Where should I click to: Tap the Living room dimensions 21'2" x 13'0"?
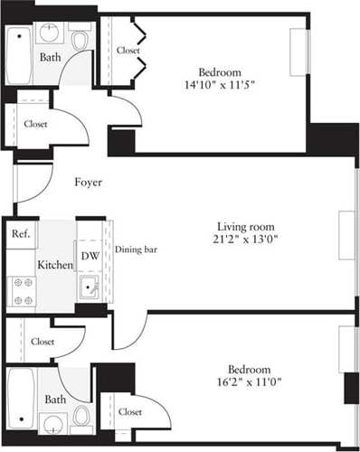245,240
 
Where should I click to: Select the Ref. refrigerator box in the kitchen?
22,233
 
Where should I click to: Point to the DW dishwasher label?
89,256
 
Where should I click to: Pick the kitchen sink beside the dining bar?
89,289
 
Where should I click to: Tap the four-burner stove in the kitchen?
22,291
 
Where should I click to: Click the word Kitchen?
54,266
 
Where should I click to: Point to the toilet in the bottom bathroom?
81,415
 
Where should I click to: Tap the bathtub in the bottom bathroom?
20,398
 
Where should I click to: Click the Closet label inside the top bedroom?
128,52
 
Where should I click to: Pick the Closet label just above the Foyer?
36,124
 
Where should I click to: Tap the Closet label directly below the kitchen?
42,342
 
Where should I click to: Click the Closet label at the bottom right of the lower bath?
130,411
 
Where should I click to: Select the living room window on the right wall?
346,239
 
